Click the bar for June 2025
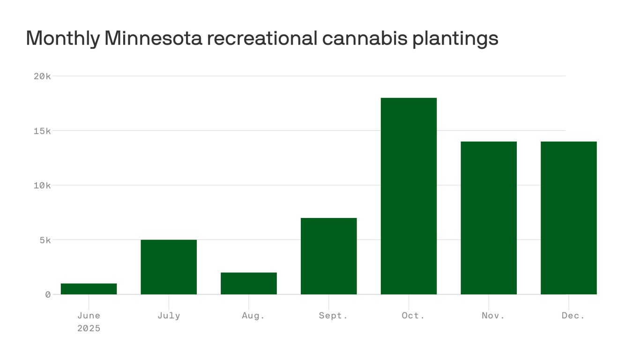click(x=89, y=289)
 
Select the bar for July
click(x=169, y=267)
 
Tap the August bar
click(x=249, y=283)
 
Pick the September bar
click(x=328, y=256)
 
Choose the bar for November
click(x=489, y=218)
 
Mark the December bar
click(x=568, y=218)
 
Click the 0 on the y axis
click(x=48, y=294)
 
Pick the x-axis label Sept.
click(x=333, y=315)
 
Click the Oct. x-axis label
click(x=413, y=315)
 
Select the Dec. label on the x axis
click(x=573, y=315)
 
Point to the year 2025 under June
click(x=89, y=328)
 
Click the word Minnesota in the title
click(x=153, y=38)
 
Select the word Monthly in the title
click(x=62, y=38)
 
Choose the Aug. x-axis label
click(x=253, y=315)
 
